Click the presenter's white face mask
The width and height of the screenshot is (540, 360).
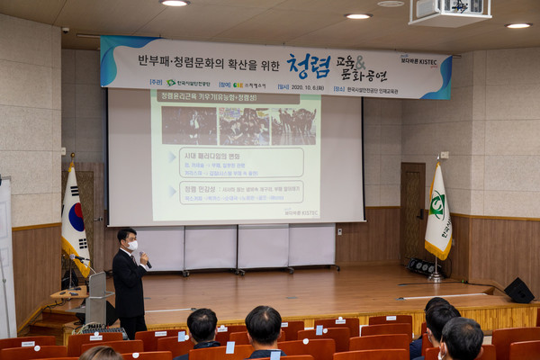pyautogui.click(x=132, y=245)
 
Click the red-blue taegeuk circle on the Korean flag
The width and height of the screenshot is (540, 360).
pyautogui.click(x=76, y=217)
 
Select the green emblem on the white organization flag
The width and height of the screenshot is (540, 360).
pyautogui.click(x=437, y=204)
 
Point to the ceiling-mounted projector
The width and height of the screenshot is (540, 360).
pyautogui.click(x=449, y=12)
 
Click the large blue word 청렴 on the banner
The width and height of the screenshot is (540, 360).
pyautogui.click(x=309, y=66)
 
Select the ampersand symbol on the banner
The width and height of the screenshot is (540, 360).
pyautogui.click(x=358, y=62)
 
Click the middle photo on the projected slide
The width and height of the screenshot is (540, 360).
pyautogui.click(x=244, y=126)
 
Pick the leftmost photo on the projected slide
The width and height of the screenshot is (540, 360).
pyautogui.click(x=189, y=125)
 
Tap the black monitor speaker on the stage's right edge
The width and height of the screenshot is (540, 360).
pyautogui.click(x=518, y=290)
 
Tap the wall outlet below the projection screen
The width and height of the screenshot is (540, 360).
pyautogui.click(x=338, y=231)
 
